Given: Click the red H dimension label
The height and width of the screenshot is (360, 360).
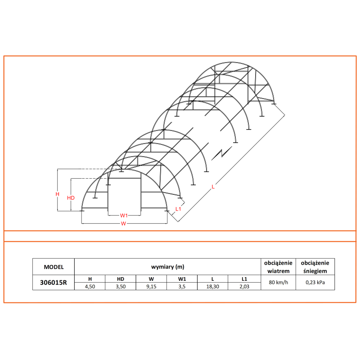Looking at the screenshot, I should [57, 194].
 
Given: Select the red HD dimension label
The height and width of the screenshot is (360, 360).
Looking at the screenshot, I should [70, 198].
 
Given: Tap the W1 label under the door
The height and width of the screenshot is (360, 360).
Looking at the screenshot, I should [124, 215].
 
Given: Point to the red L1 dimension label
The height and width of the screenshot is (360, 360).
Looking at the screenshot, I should [179, 208].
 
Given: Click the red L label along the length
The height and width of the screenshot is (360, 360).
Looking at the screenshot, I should [213, 187].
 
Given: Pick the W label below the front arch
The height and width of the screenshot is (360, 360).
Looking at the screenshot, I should [123, 224].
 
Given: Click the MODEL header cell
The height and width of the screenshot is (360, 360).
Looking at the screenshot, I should [54, 267].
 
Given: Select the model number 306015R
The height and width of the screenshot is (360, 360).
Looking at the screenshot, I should [54, 283].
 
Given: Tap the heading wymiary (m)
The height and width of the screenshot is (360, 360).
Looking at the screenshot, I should [167, 267].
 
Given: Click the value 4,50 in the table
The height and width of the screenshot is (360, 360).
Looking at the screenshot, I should [90, 286].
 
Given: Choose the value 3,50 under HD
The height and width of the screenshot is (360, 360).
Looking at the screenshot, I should [120, 286].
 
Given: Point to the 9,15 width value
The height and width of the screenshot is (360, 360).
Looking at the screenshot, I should [151, 286].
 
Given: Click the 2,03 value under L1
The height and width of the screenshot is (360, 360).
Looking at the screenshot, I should [244, 286].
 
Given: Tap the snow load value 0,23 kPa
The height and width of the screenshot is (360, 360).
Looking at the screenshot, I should [315, 283].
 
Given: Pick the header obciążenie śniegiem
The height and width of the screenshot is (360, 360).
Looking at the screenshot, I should [315, 267].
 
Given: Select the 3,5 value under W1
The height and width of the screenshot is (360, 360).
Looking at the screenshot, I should [182, 286].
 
